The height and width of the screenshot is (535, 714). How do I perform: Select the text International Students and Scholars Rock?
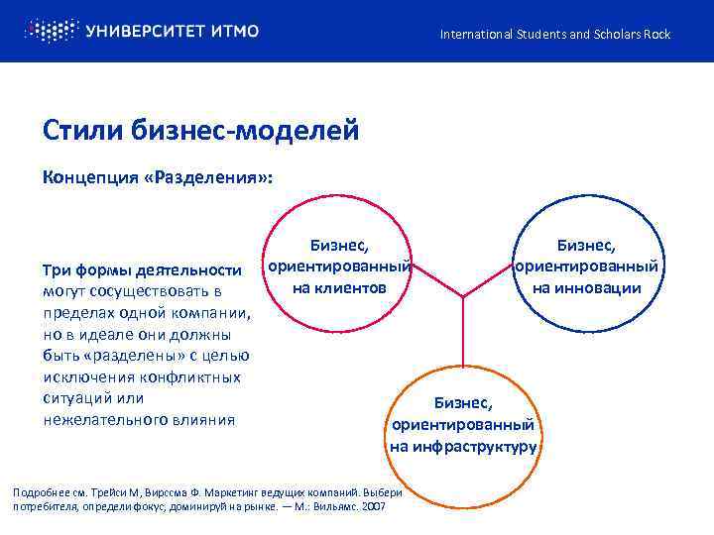pyautogui.click(x=555, y=35)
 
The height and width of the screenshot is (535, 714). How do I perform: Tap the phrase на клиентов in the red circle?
pyautogui.click(x=339, y=288)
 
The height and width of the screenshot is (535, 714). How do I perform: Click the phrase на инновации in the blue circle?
pyautogui.click(x=586, y=288)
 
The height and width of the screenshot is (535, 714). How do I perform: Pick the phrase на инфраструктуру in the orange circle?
pyautogui.click(x=463, y=446)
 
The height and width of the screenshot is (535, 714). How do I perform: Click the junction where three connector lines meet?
pyautogui.click(x=463, y=295)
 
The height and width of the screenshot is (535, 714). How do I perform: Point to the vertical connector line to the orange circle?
pyautogui.click(x=463, y=337)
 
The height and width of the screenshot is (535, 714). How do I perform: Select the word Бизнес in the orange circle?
pyautogui.click(x=463, y=402)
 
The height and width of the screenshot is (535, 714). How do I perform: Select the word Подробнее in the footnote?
pyautogui.click(x=40, y=492)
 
